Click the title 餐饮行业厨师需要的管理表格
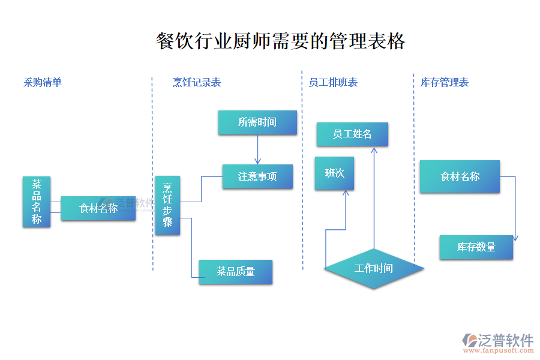coord(280,41)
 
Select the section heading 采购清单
coord(43,83)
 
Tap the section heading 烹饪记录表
coord(197,83)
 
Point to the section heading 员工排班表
coord(333,83)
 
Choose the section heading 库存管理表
coord(445,83)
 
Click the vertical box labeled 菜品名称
coord(37,202)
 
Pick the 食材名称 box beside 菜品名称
coord(98,208)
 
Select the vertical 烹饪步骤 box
coord(167,205)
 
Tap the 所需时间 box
coord(257,122)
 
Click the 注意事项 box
coord(257,177)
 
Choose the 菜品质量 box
coord(236,272)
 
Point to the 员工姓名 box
coord(352,134)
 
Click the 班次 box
coord(334,173)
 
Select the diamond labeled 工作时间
coord(373,268)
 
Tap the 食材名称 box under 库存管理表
coord(460,176)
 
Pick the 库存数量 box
coord(476,247)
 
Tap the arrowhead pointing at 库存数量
coord(515,238)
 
